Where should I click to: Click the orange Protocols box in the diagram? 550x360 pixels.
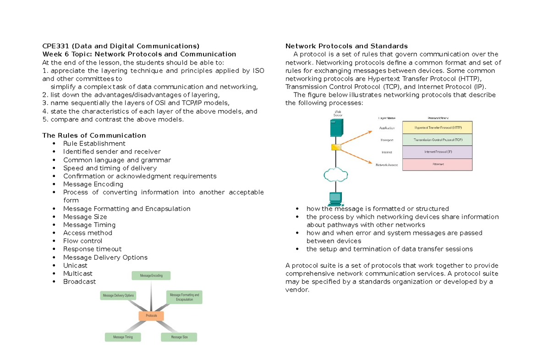tap(151, 316)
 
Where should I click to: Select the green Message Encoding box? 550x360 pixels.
tap(151, 275)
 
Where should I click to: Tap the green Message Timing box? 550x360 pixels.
tap(123, 337)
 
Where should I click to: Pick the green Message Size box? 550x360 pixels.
tap(179, 337)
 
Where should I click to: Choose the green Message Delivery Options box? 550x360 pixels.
tap(118, 295)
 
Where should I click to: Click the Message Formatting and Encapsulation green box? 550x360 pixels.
tap(184, 297)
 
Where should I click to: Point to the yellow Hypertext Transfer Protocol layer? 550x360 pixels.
tap(437, 127)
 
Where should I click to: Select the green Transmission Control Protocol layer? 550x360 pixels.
tap(437, 140)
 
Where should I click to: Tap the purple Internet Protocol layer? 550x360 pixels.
tap(437, 152)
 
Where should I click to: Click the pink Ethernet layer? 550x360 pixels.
tap(437, 165)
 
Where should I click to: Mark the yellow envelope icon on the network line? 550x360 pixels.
tap(336, 147)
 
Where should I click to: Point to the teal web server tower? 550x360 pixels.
tap(336, 127)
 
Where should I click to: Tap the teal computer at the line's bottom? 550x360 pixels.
tap(335, 199)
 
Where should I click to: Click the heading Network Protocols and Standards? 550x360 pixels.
tap(346, 46)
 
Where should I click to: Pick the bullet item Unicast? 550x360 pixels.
tap(75, 266)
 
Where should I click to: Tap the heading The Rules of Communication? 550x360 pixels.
tap(94, 135)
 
